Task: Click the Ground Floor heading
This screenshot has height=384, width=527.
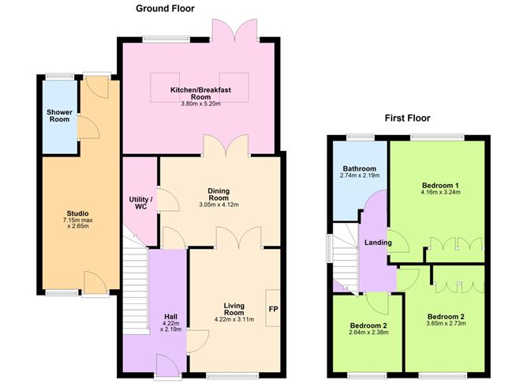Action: (x=164, y=9)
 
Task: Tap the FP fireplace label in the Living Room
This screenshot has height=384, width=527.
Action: (x=274, y=308)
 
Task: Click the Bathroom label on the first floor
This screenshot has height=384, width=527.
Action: (x=359, y=169)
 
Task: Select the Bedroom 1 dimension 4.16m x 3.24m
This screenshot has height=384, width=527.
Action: (x=442, y=190)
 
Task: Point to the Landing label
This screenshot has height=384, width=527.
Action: (x=378, y=242)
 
